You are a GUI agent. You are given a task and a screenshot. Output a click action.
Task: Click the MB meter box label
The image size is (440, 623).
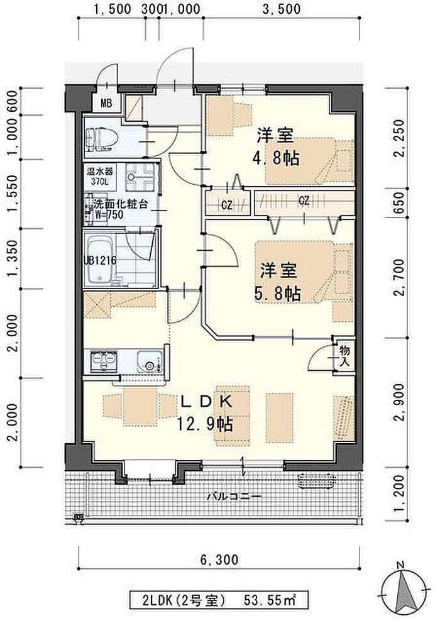coord(106,104)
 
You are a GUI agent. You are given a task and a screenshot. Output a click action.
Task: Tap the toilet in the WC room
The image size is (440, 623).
coord(102,139)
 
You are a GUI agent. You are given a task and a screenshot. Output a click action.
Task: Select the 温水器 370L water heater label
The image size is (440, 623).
coord(100,177)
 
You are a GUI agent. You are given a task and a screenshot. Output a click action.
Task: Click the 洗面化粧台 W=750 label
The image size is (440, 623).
coord(117,209)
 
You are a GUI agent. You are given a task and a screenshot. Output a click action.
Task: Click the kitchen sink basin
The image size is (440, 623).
coord(150,361)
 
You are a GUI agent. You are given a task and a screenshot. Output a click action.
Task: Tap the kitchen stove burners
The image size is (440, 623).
coord(104,361)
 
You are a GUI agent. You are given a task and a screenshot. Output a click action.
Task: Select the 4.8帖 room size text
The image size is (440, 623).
coord(276,158)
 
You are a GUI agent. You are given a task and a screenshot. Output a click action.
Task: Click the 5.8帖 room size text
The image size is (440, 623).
coord(277,294)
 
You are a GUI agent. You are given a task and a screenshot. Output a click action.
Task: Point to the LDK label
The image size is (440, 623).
coord(206,402)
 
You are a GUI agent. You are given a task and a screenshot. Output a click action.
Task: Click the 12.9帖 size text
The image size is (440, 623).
coord(204,425)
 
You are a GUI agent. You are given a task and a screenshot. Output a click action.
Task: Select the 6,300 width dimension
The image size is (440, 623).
coord(219,560)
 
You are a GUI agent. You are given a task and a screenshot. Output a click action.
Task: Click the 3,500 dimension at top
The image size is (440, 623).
coord(282,9)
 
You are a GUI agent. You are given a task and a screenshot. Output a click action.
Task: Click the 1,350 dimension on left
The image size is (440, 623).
coord(13,259)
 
